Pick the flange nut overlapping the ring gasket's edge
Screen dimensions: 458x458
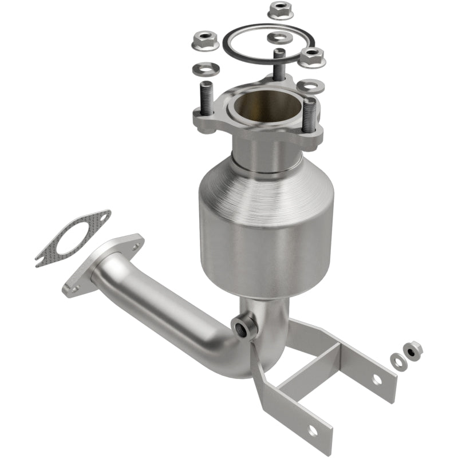pos(312,56)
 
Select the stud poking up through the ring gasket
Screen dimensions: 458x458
pos(279,63)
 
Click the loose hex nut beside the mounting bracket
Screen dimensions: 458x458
pos(412,349)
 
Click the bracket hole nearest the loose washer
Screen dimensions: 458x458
pos(377,378)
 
